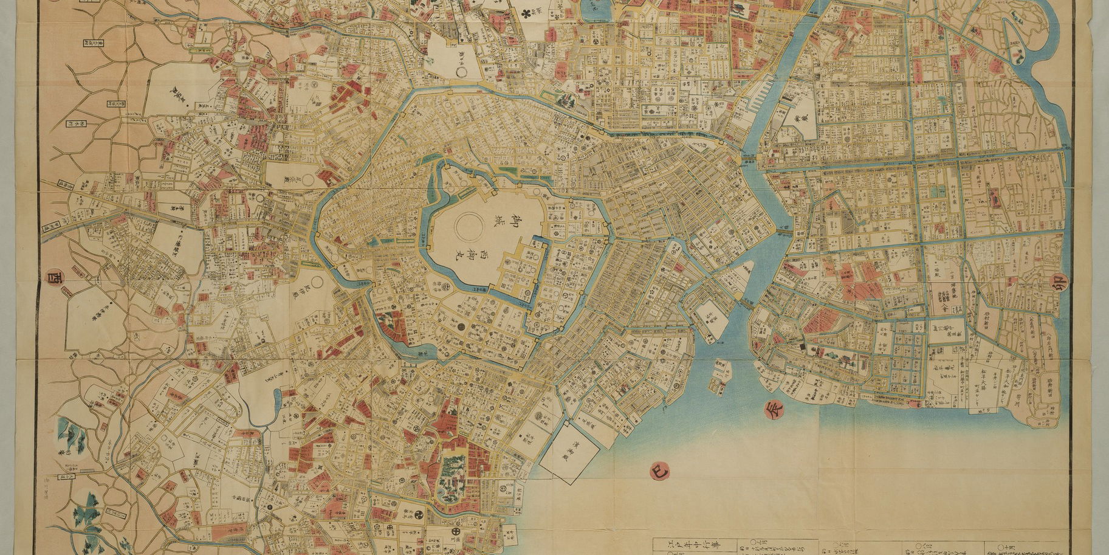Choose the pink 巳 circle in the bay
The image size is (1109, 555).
[659, 470]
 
